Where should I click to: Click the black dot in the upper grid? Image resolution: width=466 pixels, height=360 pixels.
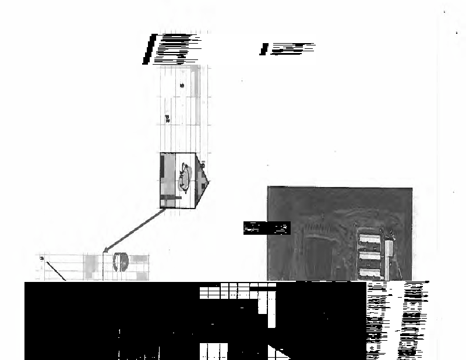pos(182,86)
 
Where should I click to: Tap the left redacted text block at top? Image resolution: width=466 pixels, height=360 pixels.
pos(171,49)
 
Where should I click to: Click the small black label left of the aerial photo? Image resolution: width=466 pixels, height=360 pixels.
pos(266,228)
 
